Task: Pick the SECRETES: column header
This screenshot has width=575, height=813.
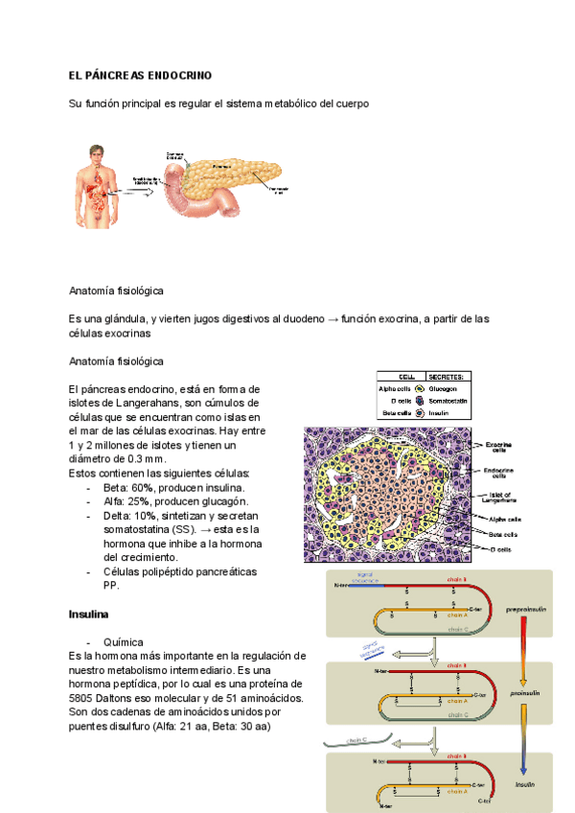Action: click(x=447, y=377)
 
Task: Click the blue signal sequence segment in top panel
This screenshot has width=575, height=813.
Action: click(x=364, y=585)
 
